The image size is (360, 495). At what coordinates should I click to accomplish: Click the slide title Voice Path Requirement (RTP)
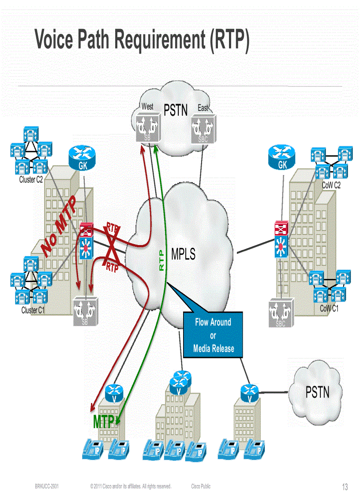142,40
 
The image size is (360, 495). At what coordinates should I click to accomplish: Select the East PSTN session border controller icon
202,129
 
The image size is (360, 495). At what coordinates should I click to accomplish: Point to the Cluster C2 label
31,180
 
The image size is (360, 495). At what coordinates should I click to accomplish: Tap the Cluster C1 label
33,310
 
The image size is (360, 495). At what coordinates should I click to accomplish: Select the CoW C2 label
331,186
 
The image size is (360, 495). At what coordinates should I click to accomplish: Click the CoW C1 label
329,309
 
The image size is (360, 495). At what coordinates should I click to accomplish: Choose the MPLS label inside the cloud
183,254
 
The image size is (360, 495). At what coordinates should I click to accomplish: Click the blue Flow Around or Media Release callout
213,335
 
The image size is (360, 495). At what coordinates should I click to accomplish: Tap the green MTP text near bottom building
104,421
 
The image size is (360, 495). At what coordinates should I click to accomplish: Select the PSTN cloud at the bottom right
317,391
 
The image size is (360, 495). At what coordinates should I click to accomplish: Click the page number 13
345,487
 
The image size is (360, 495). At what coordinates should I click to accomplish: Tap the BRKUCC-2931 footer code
47,487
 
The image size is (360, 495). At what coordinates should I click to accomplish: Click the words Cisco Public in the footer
201,487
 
